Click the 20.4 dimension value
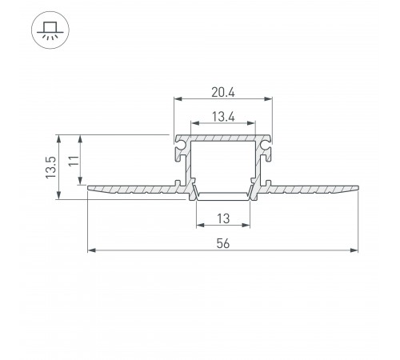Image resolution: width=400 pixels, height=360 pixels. point(223,93)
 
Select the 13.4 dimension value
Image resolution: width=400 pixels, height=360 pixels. point(223,117)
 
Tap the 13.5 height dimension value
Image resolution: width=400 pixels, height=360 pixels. point(51,167)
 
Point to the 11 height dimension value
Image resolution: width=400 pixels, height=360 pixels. point(74,161)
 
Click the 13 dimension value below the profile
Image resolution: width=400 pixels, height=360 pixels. point(223,218)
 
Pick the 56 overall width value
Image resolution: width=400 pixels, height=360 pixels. point(223,243)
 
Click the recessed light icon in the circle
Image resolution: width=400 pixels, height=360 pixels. point(50,30)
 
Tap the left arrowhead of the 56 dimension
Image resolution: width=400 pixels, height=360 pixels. point(91,250)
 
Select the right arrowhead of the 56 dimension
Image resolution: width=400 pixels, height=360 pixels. point(354,250)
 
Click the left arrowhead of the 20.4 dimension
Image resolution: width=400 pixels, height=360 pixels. point(178,99)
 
